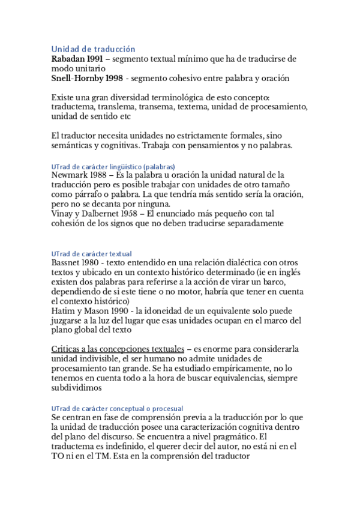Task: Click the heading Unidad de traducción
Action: click(x=93, y=49)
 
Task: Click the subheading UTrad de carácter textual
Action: click(x=91, y=254)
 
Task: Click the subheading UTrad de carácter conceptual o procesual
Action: click(x=117, y=408)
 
